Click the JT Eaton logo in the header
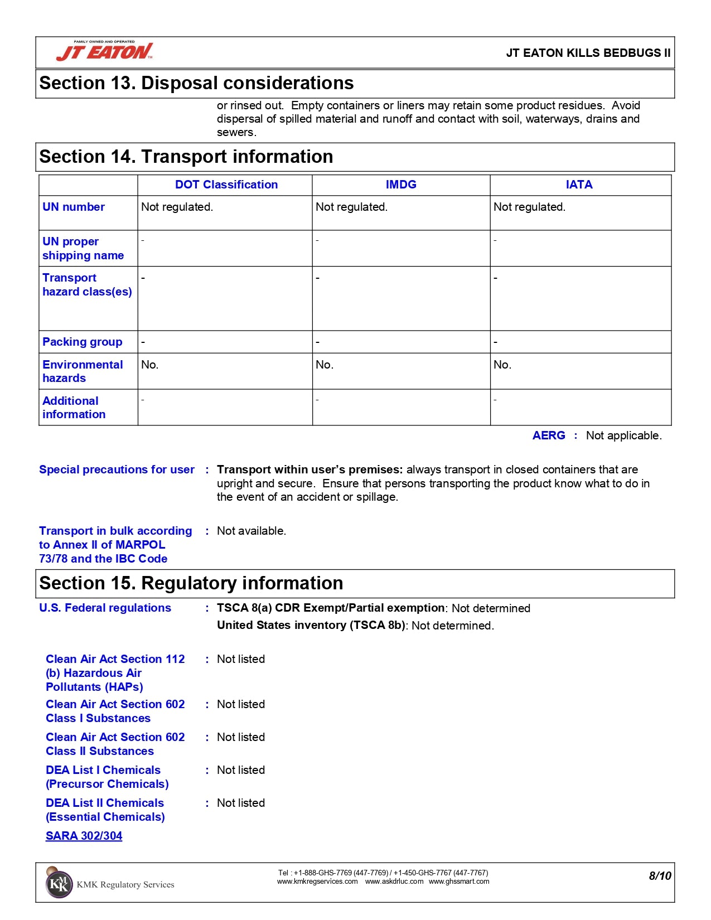coord(104,51)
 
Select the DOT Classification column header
coord(226,185)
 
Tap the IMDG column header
coord(401,185)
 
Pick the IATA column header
coord(579,185)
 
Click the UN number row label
coord(74,207)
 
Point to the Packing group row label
coord(82,342)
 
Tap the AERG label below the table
coord(549,435)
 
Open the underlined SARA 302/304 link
coord(84,836)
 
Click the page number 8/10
coord(660,876)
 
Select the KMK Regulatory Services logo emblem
coord(59,883)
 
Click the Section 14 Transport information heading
coord(186,157)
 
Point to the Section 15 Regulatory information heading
coord(191,583)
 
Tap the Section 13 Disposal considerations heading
coord(196,83)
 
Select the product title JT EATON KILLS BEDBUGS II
coord(588,53)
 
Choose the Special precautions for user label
coord(117,469)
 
